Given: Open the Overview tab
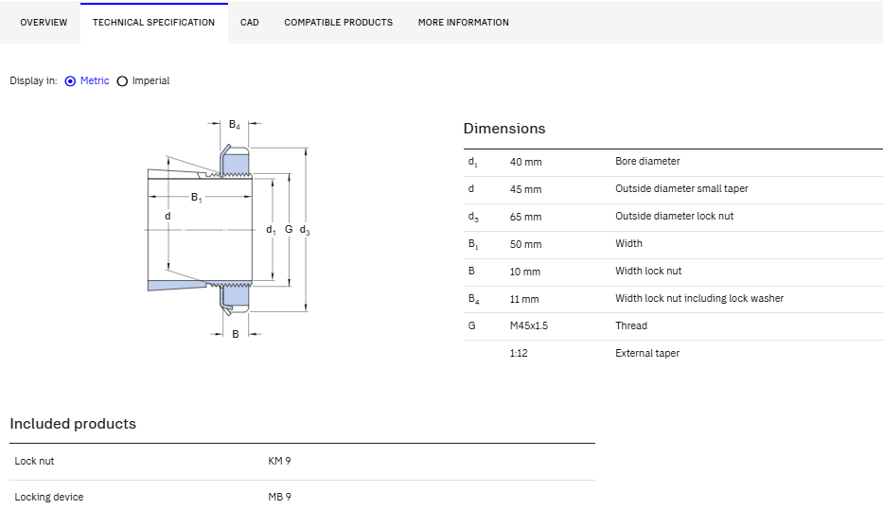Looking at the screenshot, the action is click(44, 23).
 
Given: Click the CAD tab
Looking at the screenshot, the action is click(250, 23).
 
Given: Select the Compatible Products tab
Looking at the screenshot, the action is click(339, 23).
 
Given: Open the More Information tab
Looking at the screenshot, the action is click(464, 23).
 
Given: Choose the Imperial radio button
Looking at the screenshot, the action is click(122, 81).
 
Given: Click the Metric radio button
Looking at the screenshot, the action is click(70, 81).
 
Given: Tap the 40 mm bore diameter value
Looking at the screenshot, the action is click(526, 162).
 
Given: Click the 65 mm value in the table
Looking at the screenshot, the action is click(526, 217).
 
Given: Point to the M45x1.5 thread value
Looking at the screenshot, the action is click(529, 325).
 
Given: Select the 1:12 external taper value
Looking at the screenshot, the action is click(519, 353).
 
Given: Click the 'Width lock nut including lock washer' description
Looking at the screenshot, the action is click(699, 298).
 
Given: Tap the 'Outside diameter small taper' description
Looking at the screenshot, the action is click(681, 188).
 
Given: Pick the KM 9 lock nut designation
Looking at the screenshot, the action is click(279, 461).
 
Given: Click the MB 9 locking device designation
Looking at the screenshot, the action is click(279, 497).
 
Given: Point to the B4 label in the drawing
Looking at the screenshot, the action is click(235, 125).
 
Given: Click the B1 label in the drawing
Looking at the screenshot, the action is click(196, 198).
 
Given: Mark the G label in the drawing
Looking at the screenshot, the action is click(289, 229).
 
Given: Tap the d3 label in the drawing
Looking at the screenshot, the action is click(305, 230).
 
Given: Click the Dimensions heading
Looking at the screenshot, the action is click(504, 129).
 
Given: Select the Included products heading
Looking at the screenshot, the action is click(73, 424).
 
